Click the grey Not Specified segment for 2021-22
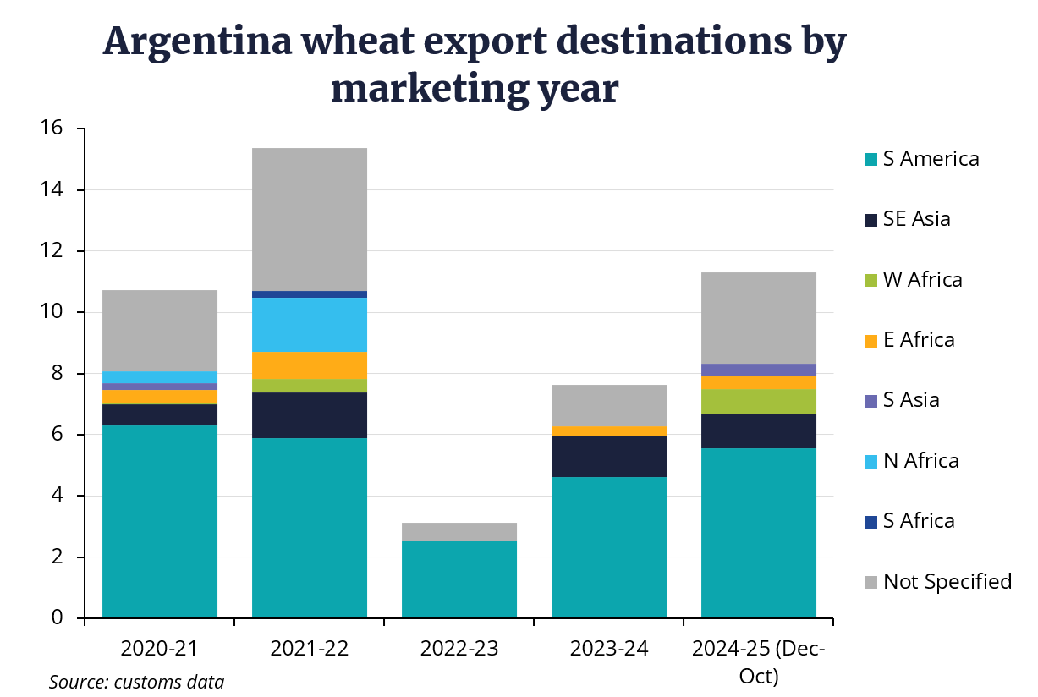(310, 219)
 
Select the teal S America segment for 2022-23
(459, 579)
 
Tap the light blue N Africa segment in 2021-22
(310, 324)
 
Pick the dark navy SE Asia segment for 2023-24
(609, 456)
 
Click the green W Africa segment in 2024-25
(759, 401)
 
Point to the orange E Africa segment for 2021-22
(310, 365)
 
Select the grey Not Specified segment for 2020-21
(160, 330)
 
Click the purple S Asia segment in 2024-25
(759, 369)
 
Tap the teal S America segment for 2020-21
(160, 521)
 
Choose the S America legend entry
(930, 158)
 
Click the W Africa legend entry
(922, 279)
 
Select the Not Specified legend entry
(947, 581)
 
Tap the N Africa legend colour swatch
(870, 461)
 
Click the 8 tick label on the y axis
(57, 374)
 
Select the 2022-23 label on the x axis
(459, 649)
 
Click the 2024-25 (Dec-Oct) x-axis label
(759, 662)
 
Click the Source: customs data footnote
(136, 682)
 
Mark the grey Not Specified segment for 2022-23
(459, 531)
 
